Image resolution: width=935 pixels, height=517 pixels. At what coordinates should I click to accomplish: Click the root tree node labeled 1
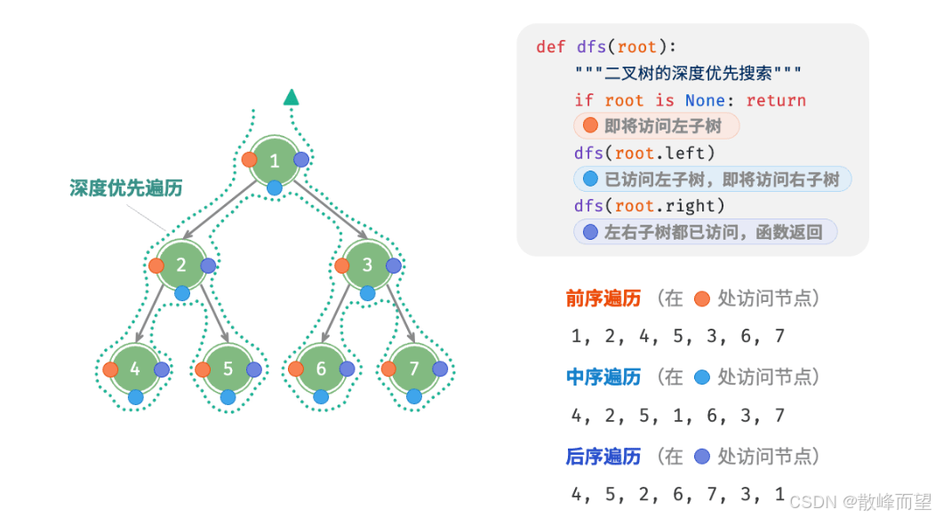click(275, 161)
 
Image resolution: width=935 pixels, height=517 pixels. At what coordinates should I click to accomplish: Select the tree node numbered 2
click(181, 265)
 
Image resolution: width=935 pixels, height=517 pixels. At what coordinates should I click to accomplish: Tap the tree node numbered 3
click(368, 265)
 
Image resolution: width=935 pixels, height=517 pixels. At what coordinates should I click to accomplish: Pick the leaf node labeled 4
click(135, 369)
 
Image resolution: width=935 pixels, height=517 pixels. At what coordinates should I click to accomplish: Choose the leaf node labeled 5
click(228, 369)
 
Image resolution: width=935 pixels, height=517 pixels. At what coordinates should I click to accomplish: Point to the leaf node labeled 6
click(321, 369)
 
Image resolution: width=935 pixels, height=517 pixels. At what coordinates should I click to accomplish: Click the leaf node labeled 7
click(414, 369)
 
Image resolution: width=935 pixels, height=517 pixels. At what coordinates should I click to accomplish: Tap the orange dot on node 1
click(249, 160)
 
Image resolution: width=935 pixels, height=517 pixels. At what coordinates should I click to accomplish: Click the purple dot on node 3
click(394, 265)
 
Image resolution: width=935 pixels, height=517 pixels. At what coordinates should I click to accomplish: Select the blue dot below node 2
click(182, 292)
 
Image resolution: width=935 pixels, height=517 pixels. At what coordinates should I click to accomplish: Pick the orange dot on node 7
click(388, 369)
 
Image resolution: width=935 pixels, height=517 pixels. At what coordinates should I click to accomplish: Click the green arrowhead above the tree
click(291, 97)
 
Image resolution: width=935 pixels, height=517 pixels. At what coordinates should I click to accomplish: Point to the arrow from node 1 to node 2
click(228, 213)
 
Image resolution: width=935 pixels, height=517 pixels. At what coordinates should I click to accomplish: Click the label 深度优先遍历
click(126, 187)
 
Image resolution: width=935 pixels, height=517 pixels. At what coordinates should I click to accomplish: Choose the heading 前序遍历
click(603, 298)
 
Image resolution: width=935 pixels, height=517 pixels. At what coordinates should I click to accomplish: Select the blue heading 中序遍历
click(603, 377)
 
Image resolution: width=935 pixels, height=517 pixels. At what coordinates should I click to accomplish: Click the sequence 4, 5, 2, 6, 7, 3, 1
click(677, 493)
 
